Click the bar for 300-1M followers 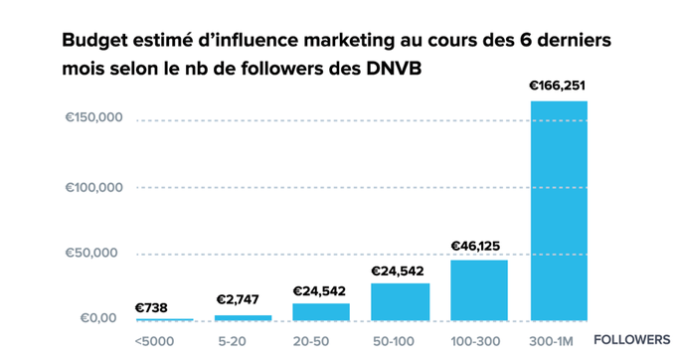pyautogui.click(x=559, y=210)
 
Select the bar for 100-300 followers pyautogui.click(x=479, y=289)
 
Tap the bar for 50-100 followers pyautogui.click(x=400, y=301)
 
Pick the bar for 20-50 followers pyautogui.click(x=321, y=311)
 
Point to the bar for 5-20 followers pyautogui.click(x=243, y=317)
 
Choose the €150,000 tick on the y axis pyautogui.click(x=92, y=119)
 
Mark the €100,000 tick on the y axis pyautogui.click(x=92, y=187)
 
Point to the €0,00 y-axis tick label pyautogui.click(x=98, y=318)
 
